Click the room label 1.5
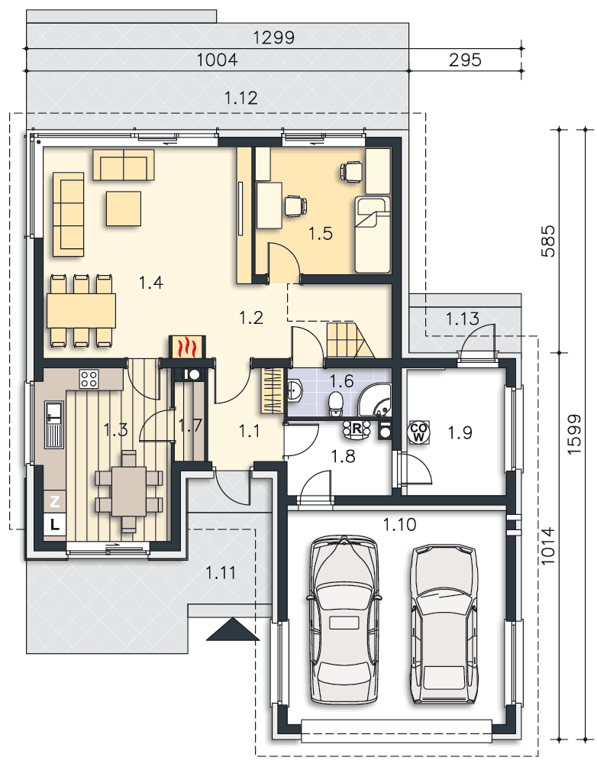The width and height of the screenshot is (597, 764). click(x=321, y=234)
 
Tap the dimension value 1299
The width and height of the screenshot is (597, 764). click(x=274, y=37)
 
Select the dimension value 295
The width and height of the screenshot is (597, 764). click(x=465, y=60)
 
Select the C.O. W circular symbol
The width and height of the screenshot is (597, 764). click(x=419, y=432)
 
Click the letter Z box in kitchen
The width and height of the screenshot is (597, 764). click(x=53, y=501)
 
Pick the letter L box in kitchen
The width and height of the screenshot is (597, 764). click(x=53, y=524)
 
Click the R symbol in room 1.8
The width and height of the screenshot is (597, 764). click(x=356, y=429)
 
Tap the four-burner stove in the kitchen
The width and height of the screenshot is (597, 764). click(x=89, y=380)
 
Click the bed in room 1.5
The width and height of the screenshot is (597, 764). click(x=373, y=234)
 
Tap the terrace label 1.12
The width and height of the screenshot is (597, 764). click(x=240, y=97)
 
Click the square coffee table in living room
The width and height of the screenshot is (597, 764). click(x=124, y=209)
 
